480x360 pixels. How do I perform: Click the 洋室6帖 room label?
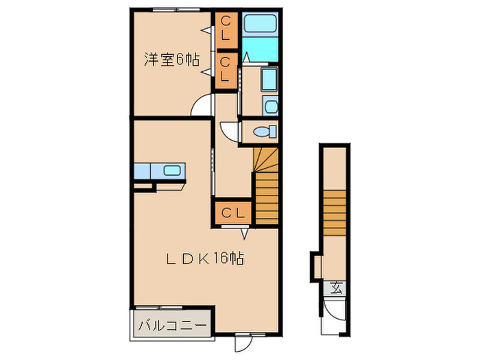tap(171, 60)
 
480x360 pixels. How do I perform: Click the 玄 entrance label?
tap(337, 289)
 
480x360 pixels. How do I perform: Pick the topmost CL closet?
tap(226, 30)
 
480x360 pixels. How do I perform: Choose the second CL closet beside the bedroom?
tap(226, 69)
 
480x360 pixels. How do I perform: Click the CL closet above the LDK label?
tap(232, 213)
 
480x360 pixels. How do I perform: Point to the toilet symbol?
tap(263, 131)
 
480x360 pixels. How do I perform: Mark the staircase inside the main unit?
tap(265, 185)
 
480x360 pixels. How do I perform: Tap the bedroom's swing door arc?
tap(202, 106)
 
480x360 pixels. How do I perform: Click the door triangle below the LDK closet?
tap(244, 230)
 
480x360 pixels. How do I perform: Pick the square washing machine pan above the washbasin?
tap(268, 80)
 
